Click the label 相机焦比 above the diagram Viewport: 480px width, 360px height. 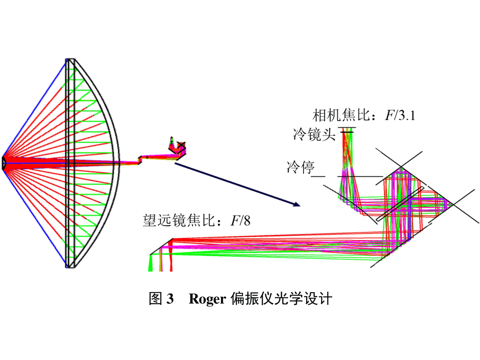click(341, 115)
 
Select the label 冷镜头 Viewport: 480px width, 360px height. click(314, 135)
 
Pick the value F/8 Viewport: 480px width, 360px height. click(240, 221)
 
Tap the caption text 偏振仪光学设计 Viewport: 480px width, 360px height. click(281, 299)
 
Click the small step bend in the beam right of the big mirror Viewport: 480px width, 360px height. click(140, 160)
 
